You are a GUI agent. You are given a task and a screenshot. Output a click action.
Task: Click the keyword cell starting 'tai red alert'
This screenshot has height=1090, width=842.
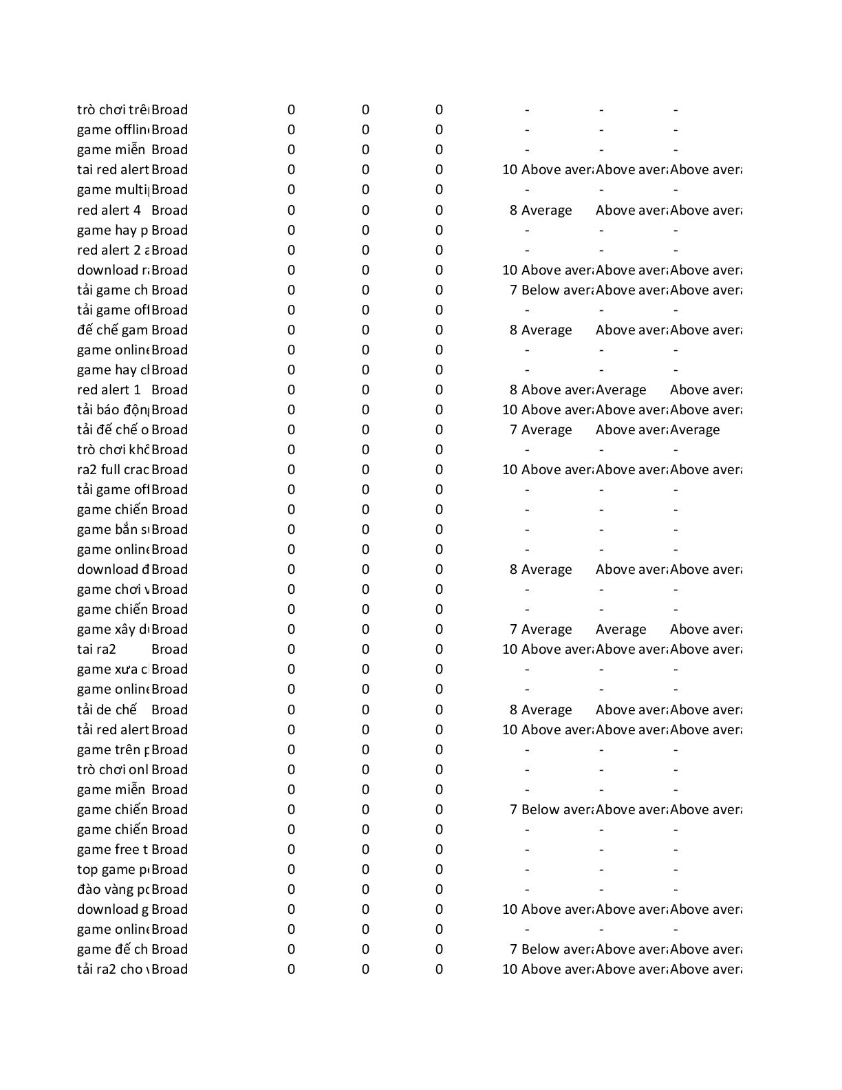click(x=113, y=170)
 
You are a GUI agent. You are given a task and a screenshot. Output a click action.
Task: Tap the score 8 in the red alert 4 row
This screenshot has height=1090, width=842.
click(x=513, y=211)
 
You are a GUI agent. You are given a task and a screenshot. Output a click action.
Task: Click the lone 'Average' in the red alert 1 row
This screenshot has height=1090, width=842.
click(x=620, y=390)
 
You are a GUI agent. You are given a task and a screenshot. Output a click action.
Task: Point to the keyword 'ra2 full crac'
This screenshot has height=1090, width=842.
click(x=113, y=470)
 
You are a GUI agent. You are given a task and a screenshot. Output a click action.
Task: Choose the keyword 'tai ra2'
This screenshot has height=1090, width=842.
click(x=97, y=650)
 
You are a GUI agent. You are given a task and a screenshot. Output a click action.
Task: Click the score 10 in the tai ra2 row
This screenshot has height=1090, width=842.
click(x=510, y=650)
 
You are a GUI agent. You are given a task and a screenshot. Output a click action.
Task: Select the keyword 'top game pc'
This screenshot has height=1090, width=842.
click(x=113, y=870)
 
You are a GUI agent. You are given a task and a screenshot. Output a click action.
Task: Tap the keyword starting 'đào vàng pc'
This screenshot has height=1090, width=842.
click(x=113, y=890)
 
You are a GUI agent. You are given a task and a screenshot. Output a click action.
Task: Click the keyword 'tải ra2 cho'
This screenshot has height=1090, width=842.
click(x=113, y=970)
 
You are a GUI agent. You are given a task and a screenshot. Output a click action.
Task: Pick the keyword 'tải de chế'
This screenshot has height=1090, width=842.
click(x=107, y=710)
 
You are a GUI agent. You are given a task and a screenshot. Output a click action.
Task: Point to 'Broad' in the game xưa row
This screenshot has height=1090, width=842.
click(x=169, y=670)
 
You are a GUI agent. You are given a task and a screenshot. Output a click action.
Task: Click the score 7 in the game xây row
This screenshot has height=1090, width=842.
click(x=513, y=630)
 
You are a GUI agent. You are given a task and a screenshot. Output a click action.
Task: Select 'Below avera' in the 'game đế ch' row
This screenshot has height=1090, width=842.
click(x=557, y=950)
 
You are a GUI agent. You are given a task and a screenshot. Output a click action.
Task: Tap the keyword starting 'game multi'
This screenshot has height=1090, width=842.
click(x=113, y=190)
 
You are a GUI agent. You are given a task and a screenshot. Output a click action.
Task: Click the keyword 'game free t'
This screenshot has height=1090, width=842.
click(x=113, y=850)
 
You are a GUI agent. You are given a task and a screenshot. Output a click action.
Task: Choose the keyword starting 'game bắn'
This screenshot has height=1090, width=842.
click(x=113, y=530)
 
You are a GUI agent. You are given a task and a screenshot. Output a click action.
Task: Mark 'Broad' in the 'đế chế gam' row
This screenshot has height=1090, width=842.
click(x=169, y=330)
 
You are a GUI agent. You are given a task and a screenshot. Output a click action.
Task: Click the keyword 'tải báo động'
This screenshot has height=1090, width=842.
click(x=113, y=410)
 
